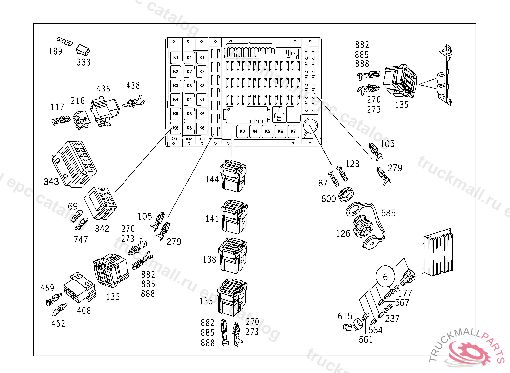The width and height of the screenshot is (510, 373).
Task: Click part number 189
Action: (55, 51)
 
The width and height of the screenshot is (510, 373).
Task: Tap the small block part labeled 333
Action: (83, 49)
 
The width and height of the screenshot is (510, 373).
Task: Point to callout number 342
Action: (102, 229)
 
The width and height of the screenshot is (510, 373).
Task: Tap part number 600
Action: (328, 198)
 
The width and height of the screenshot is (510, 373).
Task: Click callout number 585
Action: (388, 213)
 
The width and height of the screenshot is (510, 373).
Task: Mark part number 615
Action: (345, 316)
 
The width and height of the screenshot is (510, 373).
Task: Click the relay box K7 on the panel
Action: (293, 132)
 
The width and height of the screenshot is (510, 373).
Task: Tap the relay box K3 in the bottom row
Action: (242, 132)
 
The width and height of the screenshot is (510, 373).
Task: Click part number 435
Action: (103, 89)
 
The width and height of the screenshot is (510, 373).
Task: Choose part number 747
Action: (81, 239)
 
